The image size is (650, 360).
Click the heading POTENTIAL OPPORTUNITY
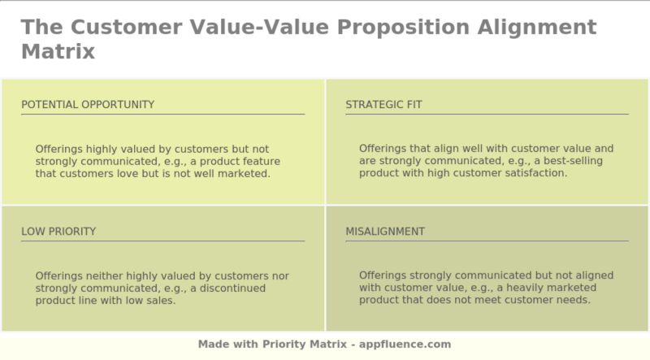(88, 105)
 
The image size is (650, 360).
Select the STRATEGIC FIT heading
(383, 105)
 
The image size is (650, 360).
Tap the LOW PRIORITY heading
(58, 232)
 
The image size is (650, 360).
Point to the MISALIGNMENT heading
(385, 232)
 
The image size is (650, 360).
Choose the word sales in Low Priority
(159, 300)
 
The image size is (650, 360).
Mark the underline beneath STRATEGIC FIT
(487, 115)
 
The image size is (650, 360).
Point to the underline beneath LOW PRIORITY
(162, 241)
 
